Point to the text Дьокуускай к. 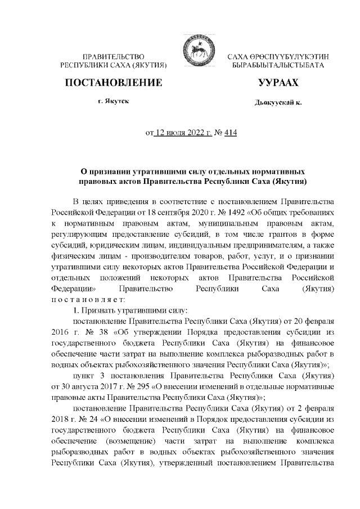click(x=278, y=103)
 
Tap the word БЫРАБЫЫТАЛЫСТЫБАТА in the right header click(x=278, y=66)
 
